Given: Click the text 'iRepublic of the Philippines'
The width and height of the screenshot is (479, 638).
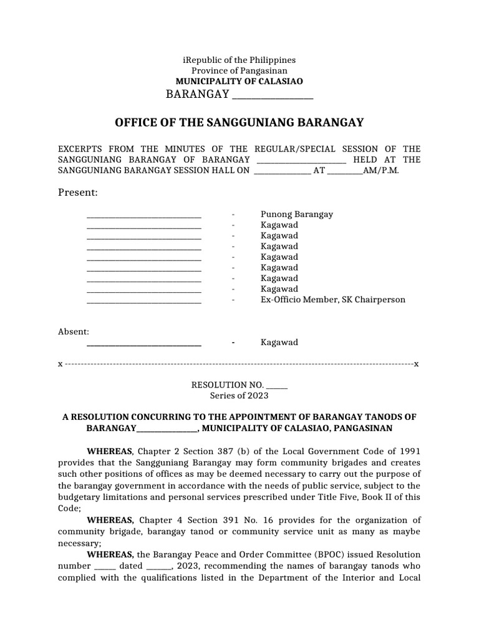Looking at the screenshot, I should [239, 60].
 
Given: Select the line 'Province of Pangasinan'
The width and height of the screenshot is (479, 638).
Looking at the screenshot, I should [239, 70].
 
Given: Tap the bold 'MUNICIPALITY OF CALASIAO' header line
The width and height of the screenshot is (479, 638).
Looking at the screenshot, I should [239, 82].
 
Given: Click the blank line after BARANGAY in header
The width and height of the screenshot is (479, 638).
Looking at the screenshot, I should [272, 95].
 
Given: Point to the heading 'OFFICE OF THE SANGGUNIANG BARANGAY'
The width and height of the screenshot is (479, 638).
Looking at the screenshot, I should [239, 123].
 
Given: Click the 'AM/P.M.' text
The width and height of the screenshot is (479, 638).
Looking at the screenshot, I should [380, 170].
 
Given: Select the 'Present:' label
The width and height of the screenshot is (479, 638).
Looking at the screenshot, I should [78, 193].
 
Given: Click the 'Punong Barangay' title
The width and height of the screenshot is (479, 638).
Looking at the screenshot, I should [296, 214].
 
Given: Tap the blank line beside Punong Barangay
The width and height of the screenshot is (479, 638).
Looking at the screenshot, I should [143, 216].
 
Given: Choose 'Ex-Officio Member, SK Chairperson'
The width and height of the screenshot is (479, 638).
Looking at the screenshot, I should [332, 300].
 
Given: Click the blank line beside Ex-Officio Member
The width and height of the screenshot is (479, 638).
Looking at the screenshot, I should [143, 301].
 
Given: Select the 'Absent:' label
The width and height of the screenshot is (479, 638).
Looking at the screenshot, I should [74, 331].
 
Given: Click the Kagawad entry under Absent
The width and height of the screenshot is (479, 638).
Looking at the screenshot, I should [279, 342].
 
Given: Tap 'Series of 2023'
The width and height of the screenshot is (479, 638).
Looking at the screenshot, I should [239, 396].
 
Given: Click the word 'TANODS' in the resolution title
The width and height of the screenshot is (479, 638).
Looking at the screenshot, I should [385, 417].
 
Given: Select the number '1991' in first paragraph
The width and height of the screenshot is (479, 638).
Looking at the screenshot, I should [409, 450].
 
